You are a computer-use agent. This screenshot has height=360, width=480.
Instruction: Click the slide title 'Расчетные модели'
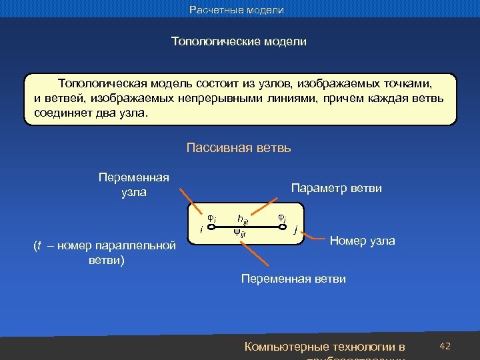point(237,10)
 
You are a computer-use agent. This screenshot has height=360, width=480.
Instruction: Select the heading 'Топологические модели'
point(239,41)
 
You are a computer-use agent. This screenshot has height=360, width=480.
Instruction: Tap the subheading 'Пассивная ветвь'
point(239,147)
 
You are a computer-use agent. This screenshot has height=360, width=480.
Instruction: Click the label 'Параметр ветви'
point(337,189)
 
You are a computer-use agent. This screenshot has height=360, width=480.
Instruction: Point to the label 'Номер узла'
point(363,241)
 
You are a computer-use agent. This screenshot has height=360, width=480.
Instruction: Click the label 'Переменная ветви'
point(293,279)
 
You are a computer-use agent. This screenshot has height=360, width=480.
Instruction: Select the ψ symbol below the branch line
point(238,233)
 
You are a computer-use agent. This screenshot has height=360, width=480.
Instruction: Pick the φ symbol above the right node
point(281,217)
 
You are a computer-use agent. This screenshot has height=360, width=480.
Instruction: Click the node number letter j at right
point(295,231)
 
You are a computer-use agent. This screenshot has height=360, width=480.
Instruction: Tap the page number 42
point(446,346)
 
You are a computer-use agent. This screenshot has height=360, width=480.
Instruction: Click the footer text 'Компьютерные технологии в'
point(325,347)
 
